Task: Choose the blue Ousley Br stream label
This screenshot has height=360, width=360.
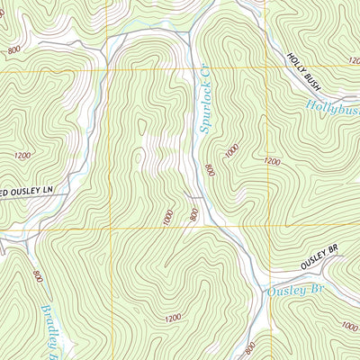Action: click(x=294, y=291)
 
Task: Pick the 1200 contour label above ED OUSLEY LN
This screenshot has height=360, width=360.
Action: click(x=22, y=155)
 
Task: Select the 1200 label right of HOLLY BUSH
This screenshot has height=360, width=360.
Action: click(x=352, y=60)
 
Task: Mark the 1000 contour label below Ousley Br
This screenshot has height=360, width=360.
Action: click(x=349, y=327)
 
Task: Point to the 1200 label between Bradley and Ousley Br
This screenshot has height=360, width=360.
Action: click(x=173, y=318)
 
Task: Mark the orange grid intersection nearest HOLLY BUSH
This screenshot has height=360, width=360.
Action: click(x=267, y=68)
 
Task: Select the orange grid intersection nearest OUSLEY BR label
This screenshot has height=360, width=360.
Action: click(x=267, y=226)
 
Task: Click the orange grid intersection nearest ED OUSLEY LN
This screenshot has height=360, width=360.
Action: click(x=110, y=226)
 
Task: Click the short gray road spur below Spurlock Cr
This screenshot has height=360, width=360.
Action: click(x=193, y=193)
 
